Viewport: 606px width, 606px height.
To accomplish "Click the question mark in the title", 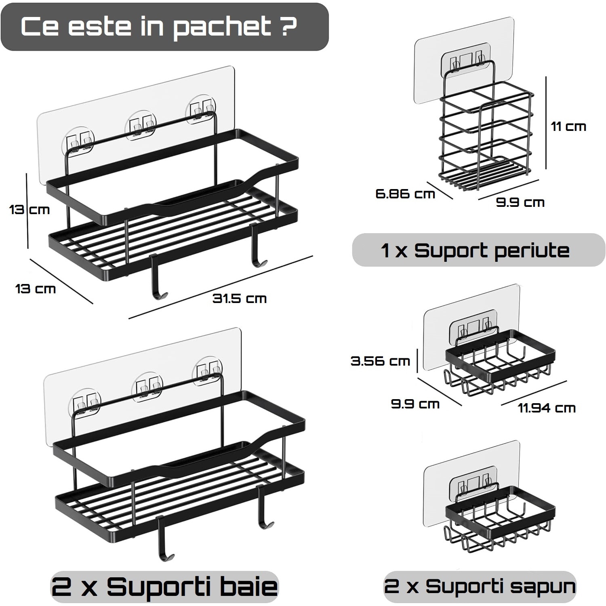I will [x=288, y=26].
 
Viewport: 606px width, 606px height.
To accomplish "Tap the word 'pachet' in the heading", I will [x=223, y=27].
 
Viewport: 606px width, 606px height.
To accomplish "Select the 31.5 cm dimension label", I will [x=240, y=299].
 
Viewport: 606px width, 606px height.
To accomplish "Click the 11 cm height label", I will [x=568, y=126].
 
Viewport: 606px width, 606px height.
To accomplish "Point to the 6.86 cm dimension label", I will [x=405, y=194].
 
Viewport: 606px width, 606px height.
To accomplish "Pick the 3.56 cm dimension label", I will [x=380, y=361].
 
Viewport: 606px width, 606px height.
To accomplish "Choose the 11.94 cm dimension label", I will [x=547, y=408].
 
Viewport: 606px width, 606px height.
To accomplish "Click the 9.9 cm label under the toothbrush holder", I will [x=520, y=202].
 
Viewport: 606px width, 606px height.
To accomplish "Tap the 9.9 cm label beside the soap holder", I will [x=415, y=404].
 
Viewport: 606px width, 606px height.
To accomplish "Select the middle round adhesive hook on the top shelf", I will [x=141, y=125].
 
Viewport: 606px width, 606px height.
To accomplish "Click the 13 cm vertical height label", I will [x=29, y=210].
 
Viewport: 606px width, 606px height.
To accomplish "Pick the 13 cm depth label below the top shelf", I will [x=35, y=289].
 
